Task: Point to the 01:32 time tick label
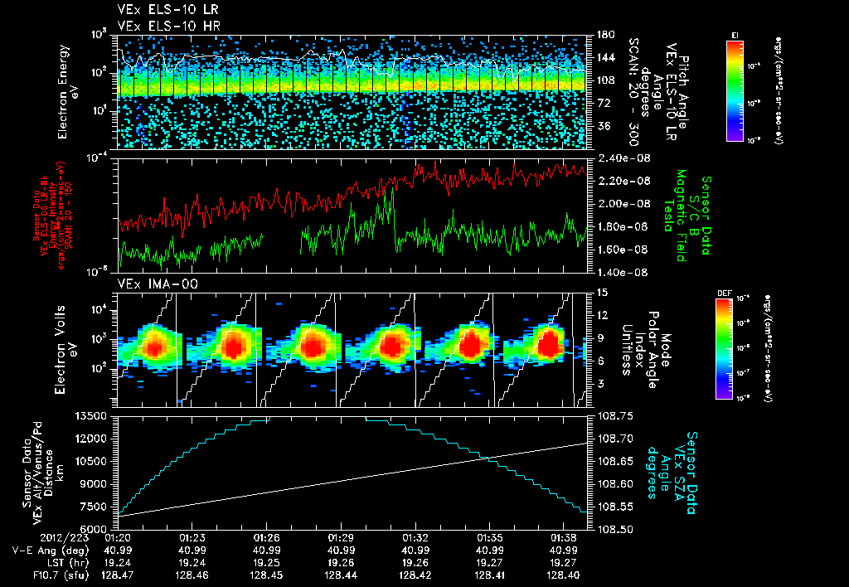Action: pos(415,538)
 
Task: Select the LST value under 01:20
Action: pos(119,562)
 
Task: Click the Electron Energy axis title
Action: pos(68,91)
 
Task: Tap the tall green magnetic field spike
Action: pos(390,192)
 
